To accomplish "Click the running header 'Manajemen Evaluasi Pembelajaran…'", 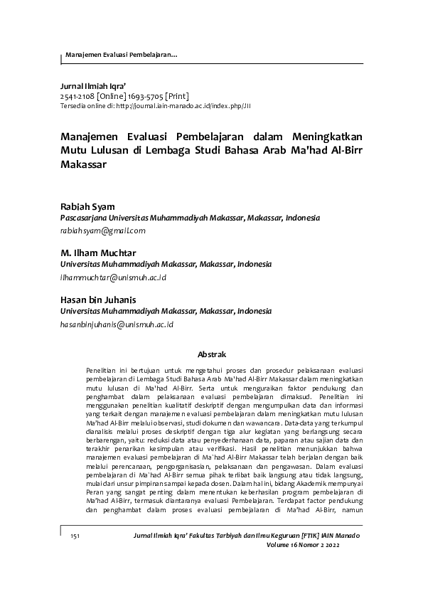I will tap(121, 55).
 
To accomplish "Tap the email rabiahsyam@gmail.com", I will tap(103, 230).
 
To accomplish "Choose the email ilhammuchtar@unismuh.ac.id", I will tap(114, 277).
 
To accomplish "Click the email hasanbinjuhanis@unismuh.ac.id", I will tap(117, 324).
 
